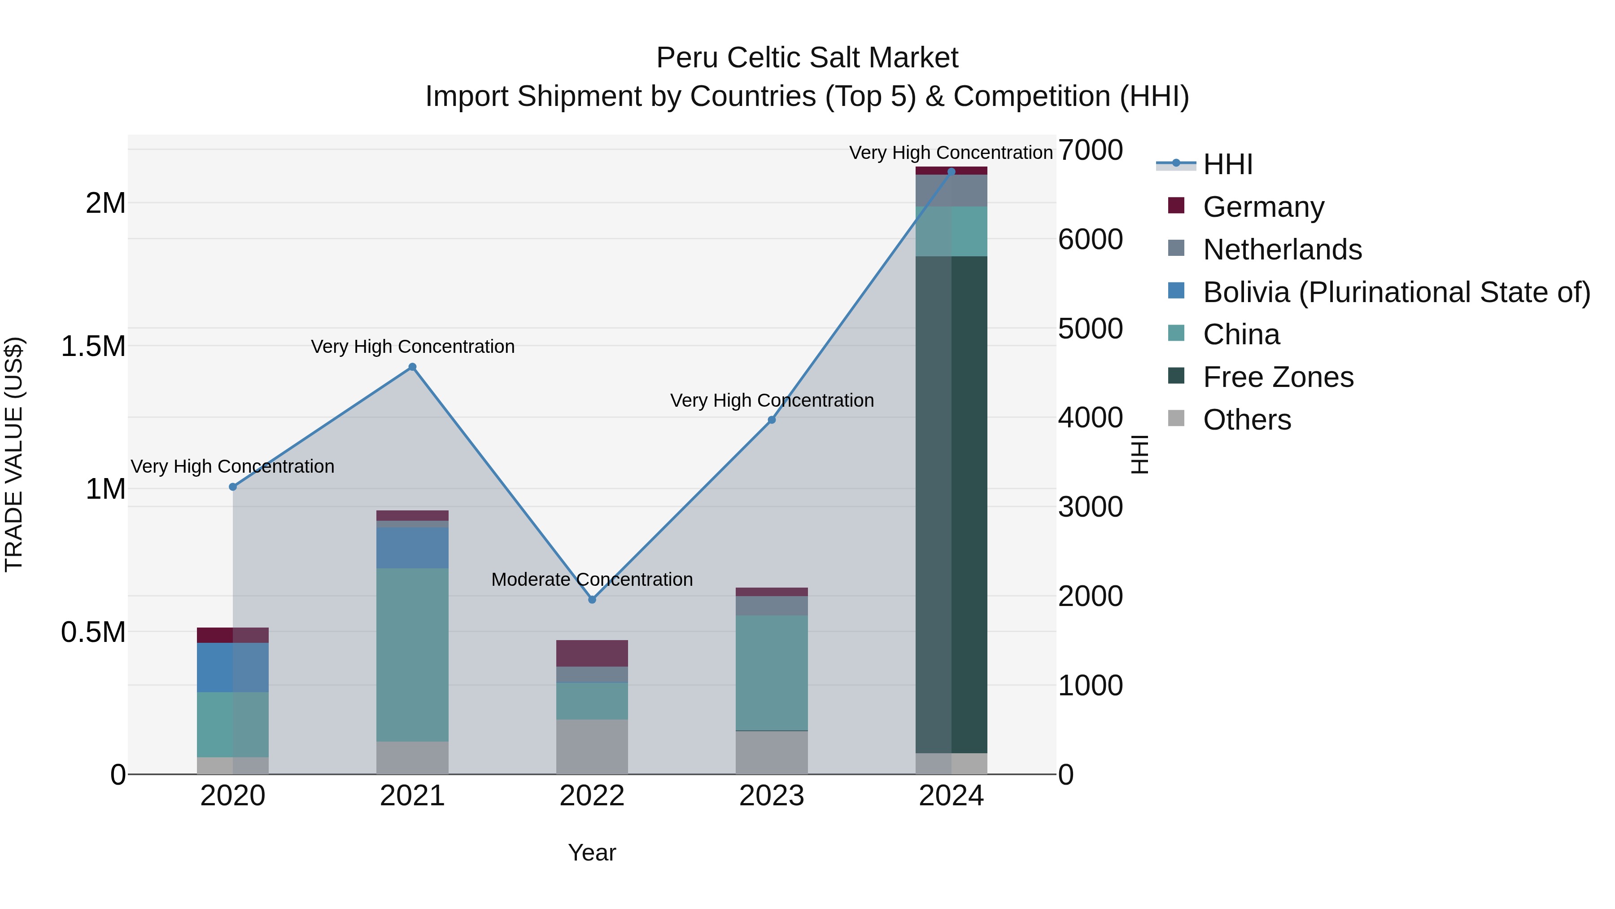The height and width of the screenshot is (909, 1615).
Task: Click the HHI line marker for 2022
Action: tap(592, 600)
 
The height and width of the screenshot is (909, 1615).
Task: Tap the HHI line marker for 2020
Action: tap(232, 487)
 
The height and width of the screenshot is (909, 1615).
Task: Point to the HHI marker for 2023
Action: tap(772, 420)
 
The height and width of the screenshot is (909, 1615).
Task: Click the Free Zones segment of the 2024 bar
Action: tap(951, 502)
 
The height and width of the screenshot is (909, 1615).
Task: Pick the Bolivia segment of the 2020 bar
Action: tap(232, 667)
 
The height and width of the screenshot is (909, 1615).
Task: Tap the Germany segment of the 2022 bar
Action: tap(592, 653)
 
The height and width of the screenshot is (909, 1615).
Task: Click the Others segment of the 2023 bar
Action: tap(771, 752)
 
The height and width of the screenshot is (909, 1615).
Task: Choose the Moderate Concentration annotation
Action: tap(592, 579)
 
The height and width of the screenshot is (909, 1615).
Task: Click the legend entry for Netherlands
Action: tap(1282, 250)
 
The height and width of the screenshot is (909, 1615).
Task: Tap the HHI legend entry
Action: tap(1227, 164)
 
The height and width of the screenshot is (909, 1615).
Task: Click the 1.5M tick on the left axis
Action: tap(93, 346)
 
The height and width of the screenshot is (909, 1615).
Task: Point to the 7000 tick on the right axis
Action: tap(1090, 150)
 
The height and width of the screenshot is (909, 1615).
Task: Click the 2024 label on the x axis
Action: tap(951, 796)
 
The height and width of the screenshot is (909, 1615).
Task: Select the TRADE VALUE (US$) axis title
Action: tap(14, 454)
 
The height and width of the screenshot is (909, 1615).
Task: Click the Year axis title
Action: tap(592, 852)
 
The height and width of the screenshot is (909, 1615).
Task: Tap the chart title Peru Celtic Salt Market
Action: tap(807, 58)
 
